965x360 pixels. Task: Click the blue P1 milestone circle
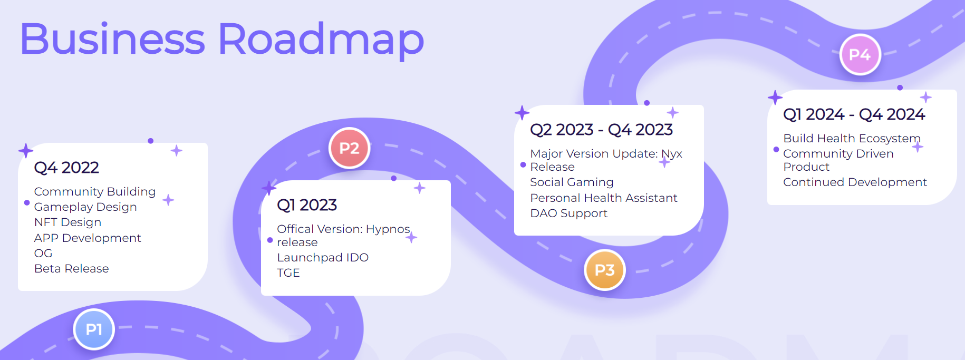(x=94, y=329)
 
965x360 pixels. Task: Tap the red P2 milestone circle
(x=349, y=148)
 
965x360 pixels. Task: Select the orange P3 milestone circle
(x=605, y=270)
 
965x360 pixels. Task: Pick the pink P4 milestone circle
(x=860, y=54)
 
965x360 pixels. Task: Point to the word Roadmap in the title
(x=321, y=40)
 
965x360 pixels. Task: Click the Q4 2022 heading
(x=66, y=168)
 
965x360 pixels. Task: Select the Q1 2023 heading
(x=307, y=205)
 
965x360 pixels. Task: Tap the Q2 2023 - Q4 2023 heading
(x=601, y=130)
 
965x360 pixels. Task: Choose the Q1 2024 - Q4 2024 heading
(x=854, y=114)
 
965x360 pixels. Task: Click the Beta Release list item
(x=72, y=269)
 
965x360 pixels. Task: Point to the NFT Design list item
(x=67, y=222)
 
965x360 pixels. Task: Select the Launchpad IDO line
(x=323, y=258)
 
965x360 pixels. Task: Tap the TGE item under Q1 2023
(x=288, y=273)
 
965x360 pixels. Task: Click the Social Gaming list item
(x=572, y=182)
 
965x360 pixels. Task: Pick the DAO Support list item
(x=569, y=213)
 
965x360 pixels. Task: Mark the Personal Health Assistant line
(x=604, y=198)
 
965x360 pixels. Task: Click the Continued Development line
(x=855, y=182)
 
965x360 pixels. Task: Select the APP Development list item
(x=88, y=238)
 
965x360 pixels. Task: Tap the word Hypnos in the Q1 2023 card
(x=388, y=230)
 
